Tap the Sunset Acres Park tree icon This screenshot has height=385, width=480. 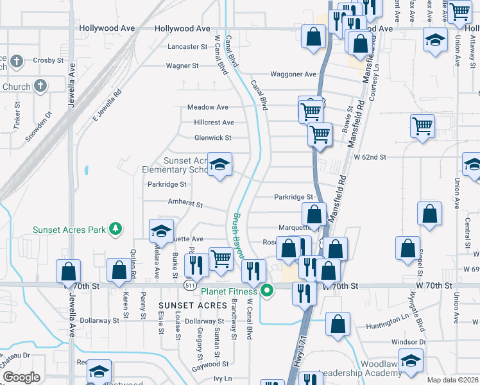coord(116,228)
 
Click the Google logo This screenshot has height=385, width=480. coord(21,377)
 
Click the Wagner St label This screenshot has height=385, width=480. coord(182,65)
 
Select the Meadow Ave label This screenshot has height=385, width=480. coord(208,107)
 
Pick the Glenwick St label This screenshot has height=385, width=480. coord(212,137)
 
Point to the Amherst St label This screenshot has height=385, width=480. coord(185,204)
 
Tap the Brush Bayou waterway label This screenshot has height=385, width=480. coord(239,236)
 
